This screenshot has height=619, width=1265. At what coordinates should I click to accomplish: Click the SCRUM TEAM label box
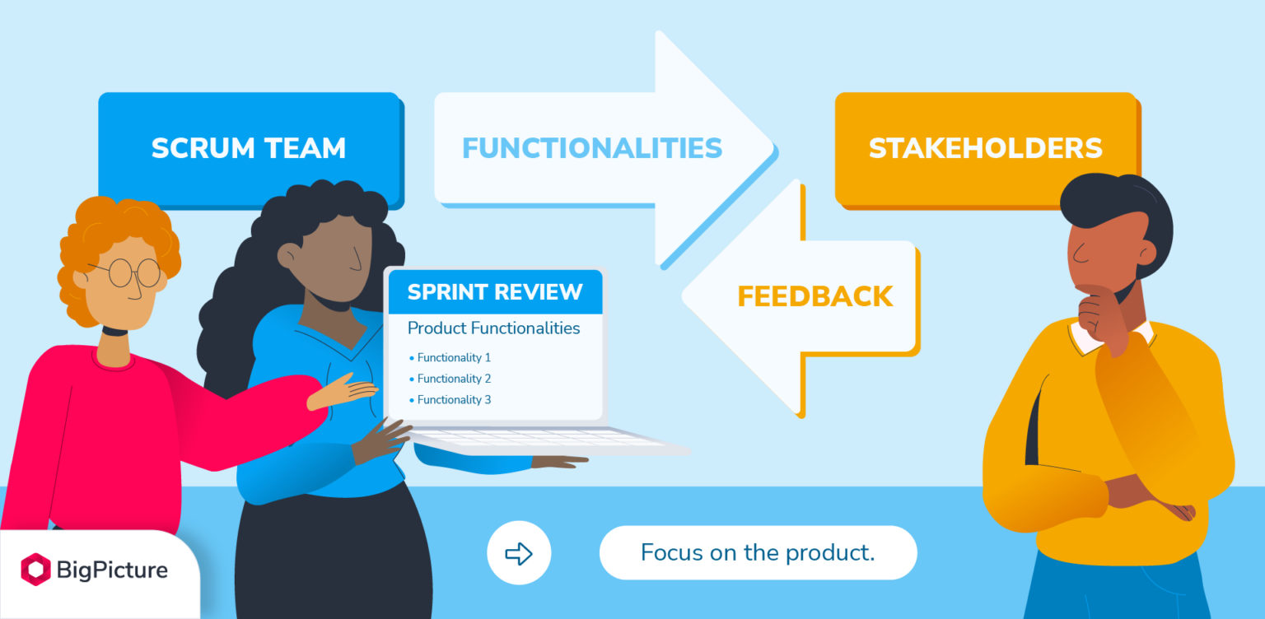[x=248, y=148]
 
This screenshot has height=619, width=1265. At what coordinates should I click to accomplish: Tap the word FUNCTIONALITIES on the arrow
[x=591, y=148]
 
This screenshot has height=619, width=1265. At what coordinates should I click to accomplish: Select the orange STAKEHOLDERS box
[x=985, y=148]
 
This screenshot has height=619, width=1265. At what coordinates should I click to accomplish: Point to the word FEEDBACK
[x=815, y=296]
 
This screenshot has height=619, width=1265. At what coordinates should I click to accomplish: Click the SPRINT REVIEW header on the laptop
[x=495, y=291]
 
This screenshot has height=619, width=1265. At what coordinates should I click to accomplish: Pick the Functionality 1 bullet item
[x=453, y=358]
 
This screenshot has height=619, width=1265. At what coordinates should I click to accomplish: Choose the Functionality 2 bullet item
[x=453, y=379]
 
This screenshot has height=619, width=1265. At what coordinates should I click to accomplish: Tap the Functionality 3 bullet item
[x=453, y=400]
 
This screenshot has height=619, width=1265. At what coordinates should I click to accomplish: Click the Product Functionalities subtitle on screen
[x=493, y=328]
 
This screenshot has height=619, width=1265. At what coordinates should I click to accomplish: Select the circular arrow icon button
[x=519, y=553]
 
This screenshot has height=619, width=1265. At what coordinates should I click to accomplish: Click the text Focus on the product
[x=758, y=552]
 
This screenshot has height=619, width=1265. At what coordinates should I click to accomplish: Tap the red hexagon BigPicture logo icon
[x=35, y=570]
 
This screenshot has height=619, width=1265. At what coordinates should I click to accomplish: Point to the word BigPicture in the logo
[x=112, y=570]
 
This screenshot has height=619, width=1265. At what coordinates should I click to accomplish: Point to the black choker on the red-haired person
[x=114, y=331]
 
